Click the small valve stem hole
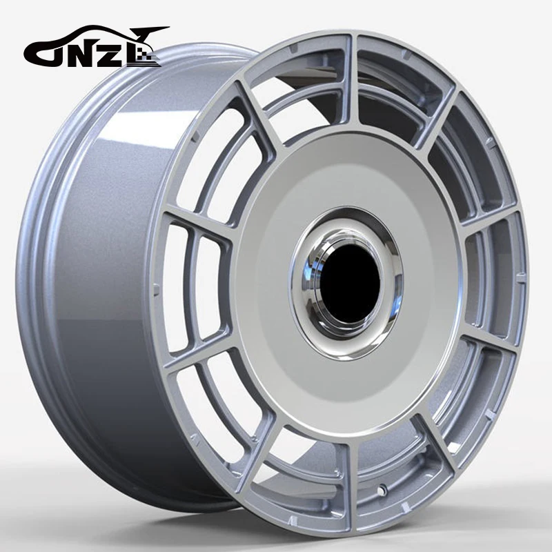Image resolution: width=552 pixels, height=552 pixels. pos(381,491)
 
